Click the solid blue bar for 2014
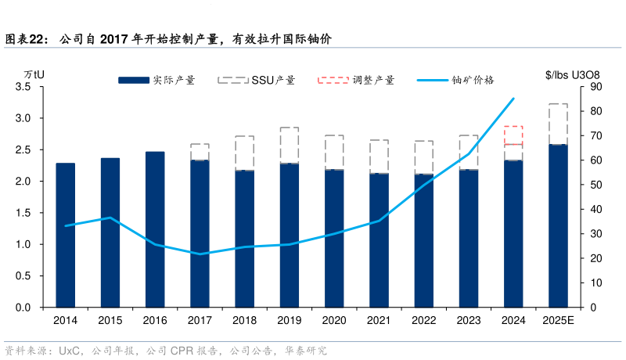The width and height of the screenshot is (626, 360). coord(66,235)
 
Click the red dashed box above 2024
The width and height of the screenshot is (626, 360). coord(513,135)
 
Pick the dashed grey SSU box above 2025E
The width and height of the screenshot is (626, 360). coord(558,124)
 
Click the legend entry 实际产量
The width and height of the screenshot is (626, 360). coord(156,80)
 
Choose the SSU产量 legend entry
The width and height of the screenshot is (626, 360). coord(256,80)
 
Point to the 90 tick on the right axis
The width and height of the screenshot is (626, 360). coord(595,87)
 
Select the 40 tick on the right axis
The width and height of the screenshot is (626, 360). coord(595,209)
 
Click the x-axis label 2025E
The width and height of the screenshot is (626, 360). coord(558,320)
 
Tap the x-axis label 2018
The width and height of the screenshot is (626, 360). coord(245,320)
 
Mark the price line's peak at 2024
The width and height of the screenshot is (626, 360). coord(513,99)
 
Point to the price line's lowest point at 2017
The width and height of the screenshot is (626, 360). coord(200,254)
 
